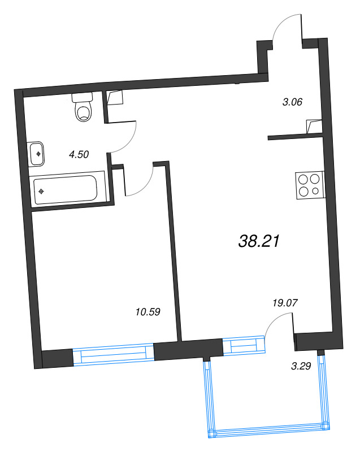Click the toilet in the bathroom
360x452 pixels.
(x=84, y=107)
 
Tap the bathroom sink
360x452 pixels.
(x=37, y=153)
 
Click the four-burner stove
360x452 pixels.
(x=310, y=185)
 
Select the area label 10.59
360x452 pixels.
(x=149, y=311)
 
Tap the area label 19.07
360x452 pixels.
(x=285, y=303)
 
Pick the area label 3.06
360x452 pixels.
(x=293, y=102)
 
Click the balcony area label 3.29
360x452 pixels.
(x=301, y=367)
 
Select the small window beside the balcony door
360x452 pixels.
(x=244, y=346)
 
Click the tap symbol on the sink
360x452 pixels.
(x=38, y=153)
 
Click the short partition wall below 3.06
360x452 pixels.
(x=296, y=136)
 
